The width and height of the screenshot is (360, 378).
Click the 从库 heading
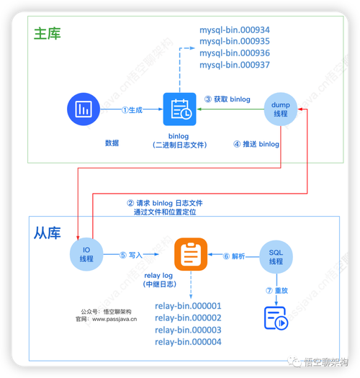48,233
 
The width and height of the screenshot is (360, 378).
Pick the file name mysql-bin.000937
235,66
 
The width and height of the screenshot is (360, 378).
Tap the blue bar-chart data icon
83,110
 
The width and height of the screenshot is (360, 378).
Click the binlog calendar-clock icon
179,110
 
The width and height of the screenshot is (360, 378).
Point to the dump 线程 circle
280,110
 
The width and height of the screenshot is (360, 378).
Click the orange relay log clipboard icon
191,254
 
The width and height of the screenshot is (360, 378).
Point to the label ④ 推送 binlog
256,144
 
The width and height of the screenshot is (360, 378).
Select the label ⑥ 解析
234,255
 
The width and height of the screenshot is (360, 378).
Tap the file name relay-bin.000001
188,306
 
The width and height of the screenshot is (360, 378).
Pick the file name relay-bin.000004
188,342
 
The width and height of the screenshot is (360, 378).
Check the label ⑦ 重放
276,290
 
